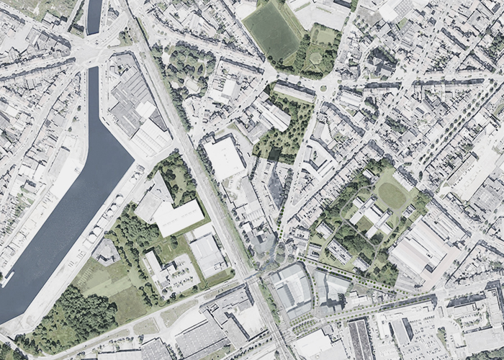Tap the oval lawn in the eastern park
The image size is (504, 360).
click(391, 195)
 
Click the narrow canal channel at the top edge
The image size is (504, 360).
click(94, 16)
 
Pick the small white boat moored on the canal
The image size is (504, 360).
click(7, 278)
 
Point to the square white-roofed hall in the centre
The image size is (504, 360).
click(225, 157)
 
